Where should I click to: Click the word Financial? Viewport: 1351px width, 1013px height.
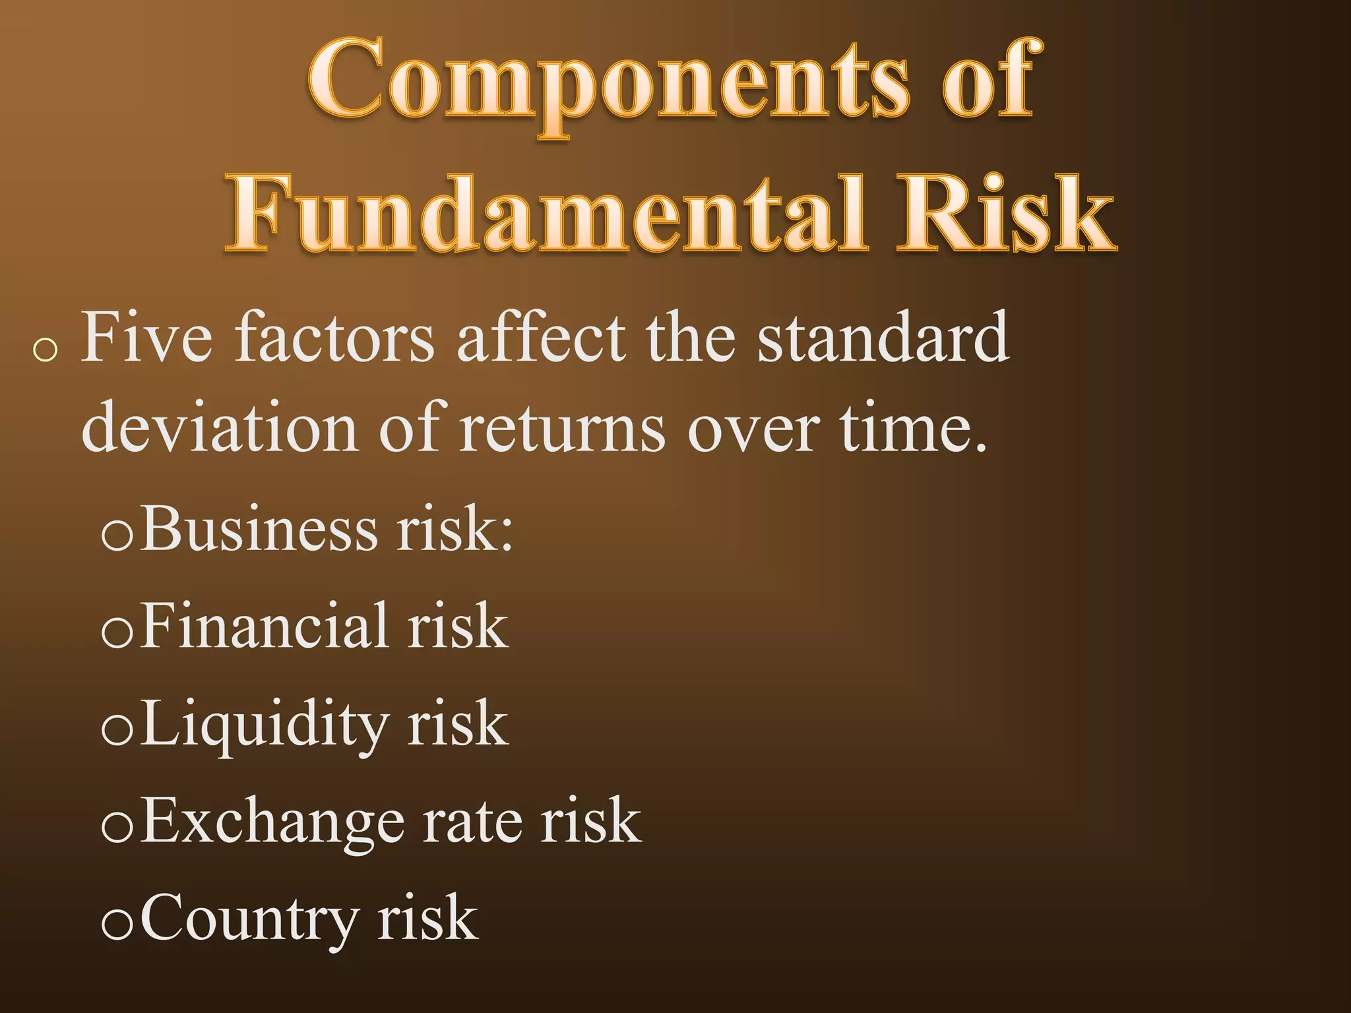tap(265, 627)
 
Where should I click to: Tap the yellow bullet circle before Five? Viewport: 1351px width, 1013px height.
tap(45, 350)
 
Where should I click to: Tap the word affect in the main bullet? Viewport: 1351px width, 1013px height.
tap(541, 338)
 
